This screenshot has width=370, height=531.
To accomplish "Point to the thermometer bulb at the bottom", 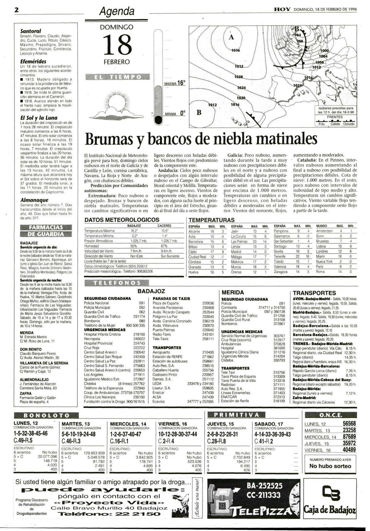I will tap(158, 119).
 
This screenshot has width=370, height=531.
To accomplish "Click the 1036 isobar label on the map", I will tap(236, 50).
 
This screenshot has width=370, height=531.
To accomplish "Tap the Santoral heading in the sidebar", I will tap(31, 31).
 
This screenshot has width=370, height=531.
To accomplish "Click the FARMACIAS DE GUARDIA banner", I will tap(46, 231).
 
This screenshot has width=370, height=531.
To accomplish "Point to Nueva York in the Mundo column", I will tap(324, 261).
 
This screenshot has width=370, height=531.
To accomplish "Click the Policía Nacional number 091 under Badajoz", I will tap(142, 303).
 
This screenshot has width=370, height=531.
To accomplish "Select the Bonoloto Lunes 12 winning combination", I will tap(31, 433).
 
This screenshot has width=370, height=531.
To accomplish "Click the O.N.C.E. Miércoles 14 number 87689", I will tap(349, 437).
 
